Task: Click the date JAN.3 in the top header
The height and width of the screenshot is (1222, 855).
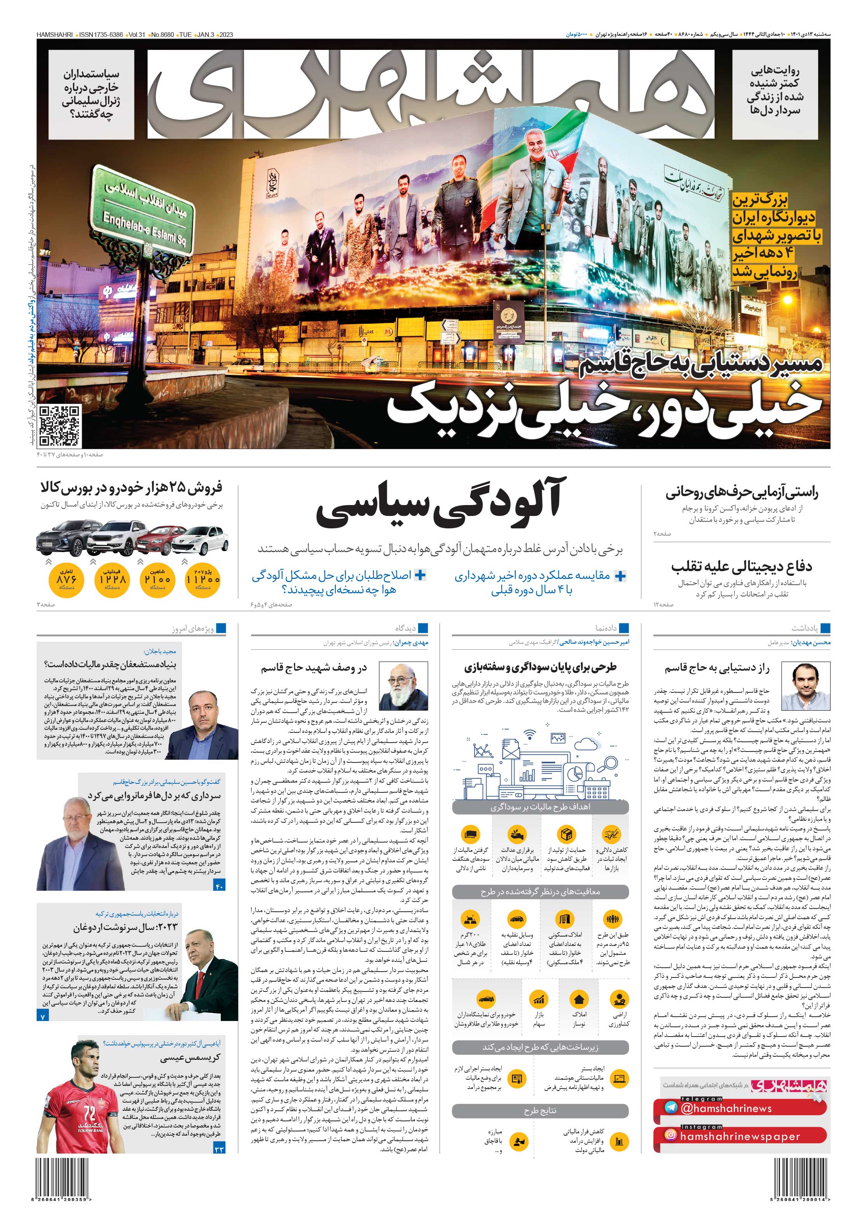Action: coord(205,35)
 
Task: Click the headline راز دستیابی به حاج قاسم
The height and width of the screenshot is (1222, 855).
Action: coord(717,668)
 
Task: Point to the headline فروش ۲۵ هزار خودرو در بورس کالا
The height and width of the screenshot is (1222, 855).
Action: coord(131,488)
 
